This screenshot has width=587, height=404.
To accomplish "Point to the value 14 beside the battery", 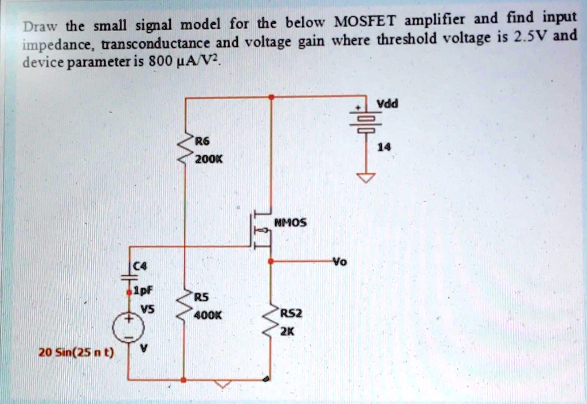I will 384,147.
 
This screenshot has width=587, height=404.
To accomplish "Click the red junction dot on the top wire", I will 271,98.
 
